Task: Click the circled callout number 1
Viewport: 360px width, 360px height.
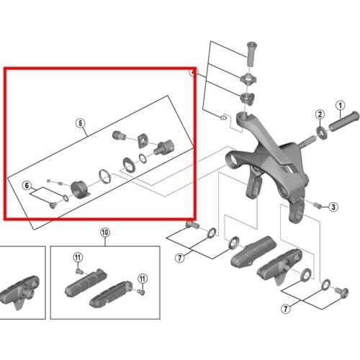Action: (340, 105)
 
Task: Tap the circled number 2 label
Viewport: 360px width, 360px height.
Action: (320, 114)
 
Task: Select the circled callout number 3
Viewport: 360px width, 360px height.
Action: (333, 207)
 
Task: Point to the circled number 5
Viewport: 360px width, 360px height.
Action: (80, 123)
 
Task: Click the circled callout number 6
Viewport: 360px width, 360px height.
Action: (27, 185)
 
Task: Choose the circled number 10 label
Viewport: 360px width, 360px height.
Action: (105, 233)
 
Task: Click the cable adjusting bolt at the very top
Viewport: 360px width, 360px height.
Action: (251, 54)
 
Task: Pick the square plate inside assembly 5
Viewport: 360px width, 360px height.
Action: (143, 141)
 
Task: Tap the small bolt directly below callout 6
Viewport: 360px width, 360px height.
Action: (53, 205)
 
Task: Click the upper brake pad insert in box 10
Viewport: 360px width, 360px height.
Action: (86, 283)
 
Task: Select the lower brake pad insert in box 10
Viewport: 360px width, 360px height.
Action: (111, 294)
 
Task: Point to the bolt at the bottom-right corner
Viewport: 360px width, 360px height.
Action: (343, 292)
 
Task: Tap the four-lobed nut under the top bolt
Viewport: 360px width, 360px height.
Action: (248, 79)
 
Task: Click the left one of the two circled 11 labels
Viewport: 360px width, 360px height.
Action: (78, 258)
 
